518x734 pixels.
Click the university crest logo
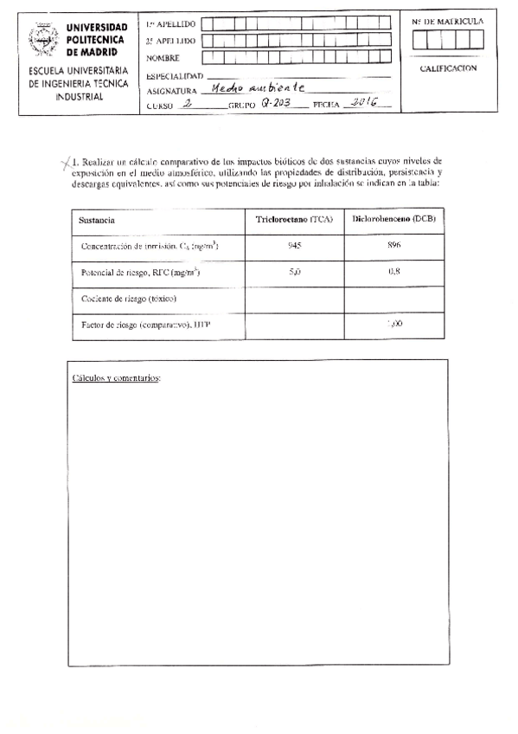click(x=43, y=39)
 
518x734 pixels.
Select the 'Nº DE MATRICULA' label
click(x=447, y=21)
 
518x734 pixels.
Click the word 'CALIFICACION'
click(x=447, y=68)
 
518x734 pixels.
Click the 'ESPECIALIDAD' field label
click(x=174, y=75)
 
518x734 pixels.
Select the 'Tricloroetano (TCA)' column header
click(x=294, y=220)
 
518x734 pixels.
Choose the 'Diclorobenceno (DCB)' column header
click(x=394, y=219)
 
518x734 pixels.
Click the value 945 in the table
click(x=294, y=246)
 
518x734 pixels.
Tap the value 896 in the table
click(x=394, y=246)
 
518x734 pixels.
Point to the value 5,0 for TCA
click(x=294, y=272)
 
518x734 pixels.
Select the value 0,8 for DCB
click(x=394, y=272)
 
